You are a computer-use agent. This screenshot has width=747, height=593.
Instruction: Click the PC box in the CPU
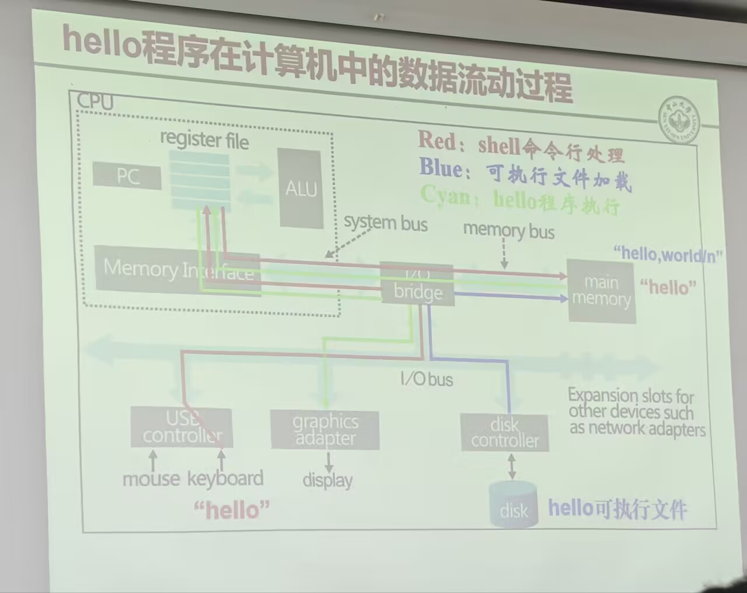(127, 176)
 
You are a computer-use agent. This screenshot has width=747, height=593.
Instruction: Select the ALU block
(301, 188)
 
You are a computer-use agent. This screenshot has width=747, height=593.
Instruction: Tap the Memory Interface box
(177, 271)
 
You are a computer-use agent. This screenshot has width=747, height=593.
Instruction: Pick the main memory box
(601, 291)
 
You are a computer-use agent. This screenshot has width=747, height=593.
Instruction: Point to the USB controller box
(181, 427)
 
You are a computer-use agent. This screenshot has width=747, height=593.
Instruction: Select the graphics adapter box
(325, 430)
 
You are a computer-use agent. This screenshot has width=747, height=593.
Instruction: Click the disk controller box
(504, 433)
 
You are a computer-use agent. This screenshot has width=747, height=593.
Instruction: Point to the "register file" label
(204, 140)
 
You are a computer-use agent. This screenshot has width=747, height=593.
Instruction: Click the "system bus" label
(385, 223)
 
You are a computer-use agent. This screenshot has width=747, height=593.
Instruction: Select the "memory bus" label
(508, 231)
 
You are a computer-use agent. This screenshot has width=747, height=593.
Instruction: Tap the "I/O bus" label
(427, 379)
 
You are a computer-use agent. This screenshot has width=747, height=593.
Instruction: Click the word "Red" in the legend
(437, 141)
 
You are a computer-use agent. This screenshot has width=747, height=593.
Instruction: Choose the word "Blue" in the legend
(441, 169)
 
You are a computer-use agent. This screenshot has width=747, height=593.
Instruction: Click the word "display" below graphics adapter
(327, 480)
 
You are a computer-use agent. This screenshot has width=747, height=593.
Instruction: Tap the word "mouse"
(151, 479)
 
